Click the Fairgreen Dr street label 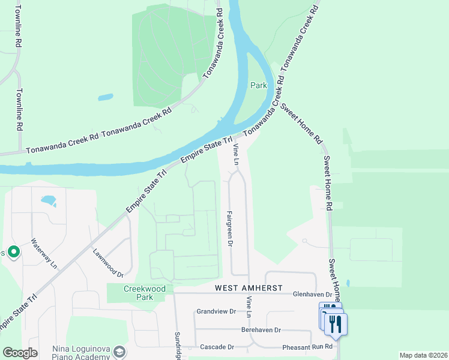229,228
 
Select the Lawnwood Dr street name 107,263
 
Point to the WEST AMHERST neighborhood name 249,289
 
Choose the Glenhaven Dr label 312,295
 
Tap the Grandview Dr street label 216,311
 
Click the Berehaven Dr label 261,330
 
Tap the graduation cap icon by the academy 120,351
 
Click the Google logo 19,352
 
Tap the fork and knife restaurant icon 336,323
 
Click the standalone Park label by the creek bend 259,86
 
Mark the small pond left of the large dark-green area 105,97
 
